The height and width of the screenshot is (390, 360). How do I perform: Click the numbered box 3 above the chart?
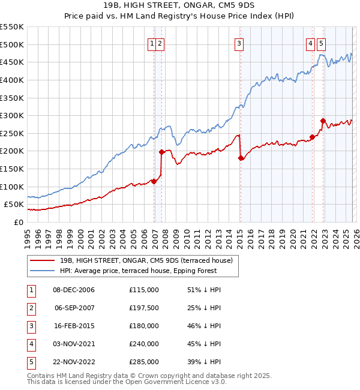pos(239,43)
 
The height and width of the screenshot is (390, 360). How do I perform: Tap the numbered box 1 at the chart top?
pos(152,43)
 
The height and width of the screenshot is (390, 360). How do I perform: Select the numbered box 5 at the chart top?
pos(321,43)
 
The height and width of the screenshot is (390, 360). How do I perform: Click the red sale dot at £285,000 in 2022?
pos(323,121)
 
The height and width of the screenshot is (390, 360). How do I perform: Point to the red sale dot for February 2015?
pos(241,158)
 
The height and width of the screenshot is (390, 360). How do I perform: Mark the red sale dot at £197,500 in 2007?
pos(161,152)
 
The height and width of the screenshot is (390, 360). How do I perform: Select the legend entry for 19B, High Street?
pos(149,260)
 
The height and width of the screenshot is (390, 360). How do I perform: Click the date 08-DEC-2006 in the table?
pos(74,290)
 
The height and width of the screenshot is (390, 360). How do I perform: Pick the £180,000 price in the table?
pos(144,326)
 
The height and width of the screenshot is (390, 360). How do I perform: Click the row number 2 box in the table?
pos(29,308)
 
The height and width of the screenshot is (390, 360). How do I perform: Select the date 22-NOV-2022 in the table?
pos(74,362)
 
